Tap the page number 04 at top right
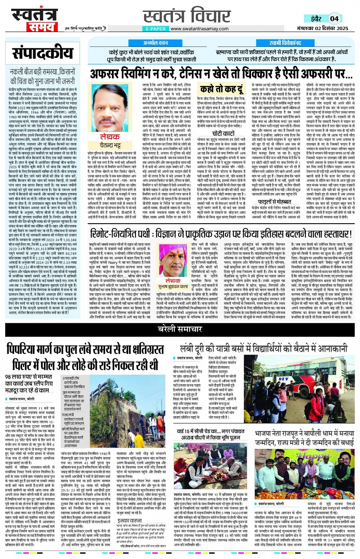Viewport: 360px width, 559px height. pyautogui.click(x=334, y=19)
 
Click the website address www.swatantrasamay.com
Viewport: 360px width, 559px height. pyautogui.click(x=200, y=29)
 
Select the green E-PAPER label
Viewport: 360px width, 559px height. pyautogui.click(x=155, y=29)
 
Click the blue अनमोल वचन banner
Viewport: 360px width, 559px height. pyautogui.click(x=155, y=43)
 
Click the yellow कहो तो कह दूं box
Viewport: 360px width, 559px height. pyautogui.click(x=221, y=89)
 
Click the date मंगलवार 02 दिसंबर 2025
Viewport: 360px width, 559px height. pyautogui.click(x=322, y=29)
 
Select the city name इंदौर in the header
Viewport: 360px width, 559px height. pyautogui.click(x=316, y=19)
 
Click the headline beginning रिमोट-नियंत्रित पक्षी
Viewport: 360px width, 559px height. pyautogui.click(x=221, y=234)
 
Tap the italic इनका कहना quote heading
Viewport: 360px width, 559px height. pyautogui.click(x=130, y=520)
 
